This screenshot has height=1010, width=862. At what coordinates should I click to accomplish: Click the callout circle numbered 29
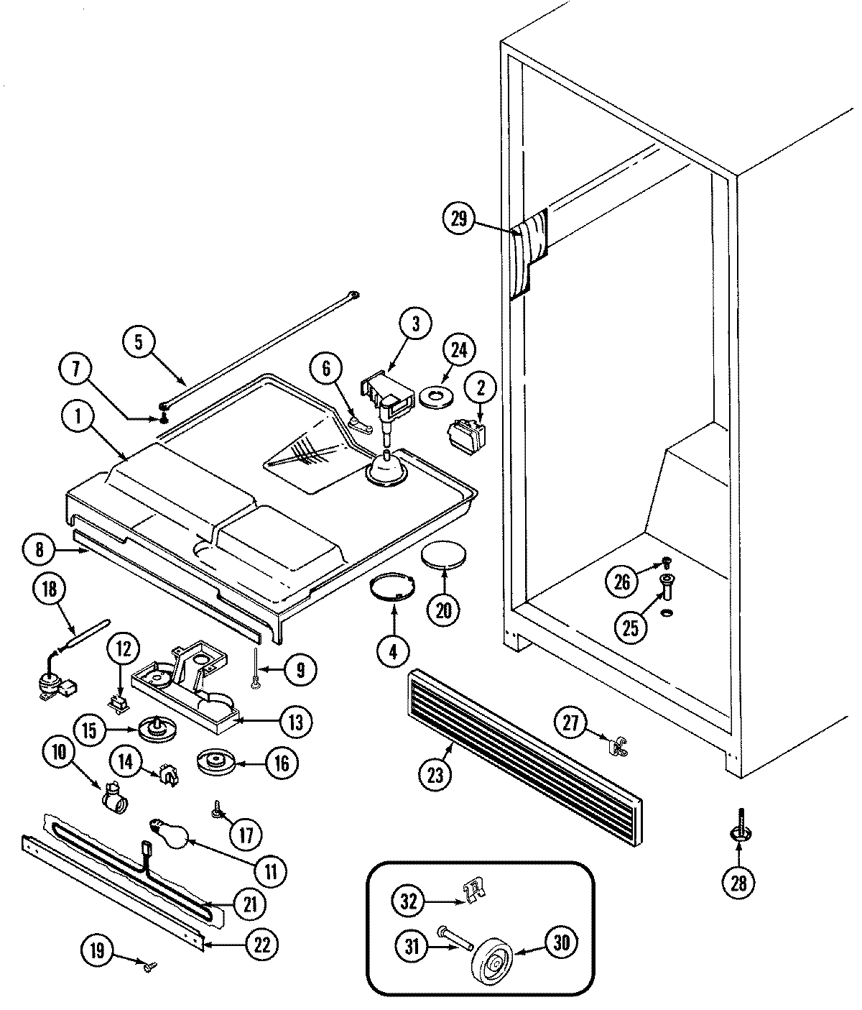click(x=459, y=219)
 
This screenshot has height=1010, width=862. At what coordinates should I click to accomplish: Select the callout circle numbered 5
click(x=139, y=343)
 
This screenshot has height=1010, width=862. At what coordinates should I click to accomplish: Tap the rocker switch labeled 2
click(x=465, y=433)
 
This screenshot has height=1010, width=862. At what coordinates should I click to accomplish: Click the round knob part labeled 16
click(x=213, y=762)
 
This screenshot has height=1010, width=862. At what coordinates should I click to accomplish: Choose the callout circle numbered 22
click(x=262, y=944)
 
